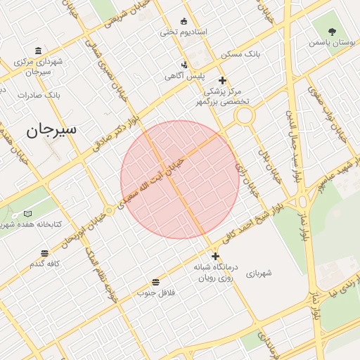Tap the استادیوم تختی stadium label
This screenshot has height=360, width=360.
click(x=181, y=32)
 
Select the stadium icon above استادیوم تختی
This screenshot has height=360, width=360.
click(x=184, y=20)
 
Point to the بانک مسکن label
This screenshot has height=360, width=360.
click(x=240, y=53)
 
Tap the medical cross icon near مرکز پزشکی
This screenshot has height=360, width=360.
click(x=224, y=80)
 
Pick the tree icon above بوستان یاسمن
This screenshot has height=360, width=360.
click(x=333, y=31)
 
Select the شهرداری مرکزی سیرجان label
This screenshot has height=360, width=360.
click(x=38, y=66)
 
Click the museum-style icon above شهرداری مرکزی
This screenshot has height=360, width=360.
click(x=37, y=51)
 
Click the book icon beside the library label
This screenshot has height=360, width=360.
click(x=27, y=213)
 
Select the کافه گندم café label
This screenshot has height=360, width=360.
click(x=46, y=264)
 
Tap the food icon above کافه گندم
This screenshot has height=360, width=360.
click(x=45, y=252)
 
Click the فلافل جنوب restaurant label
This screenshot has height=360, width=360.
click(x=155, y=291)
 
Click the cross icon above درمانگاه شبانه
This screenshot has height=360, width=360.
click(x=215, y=256)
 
